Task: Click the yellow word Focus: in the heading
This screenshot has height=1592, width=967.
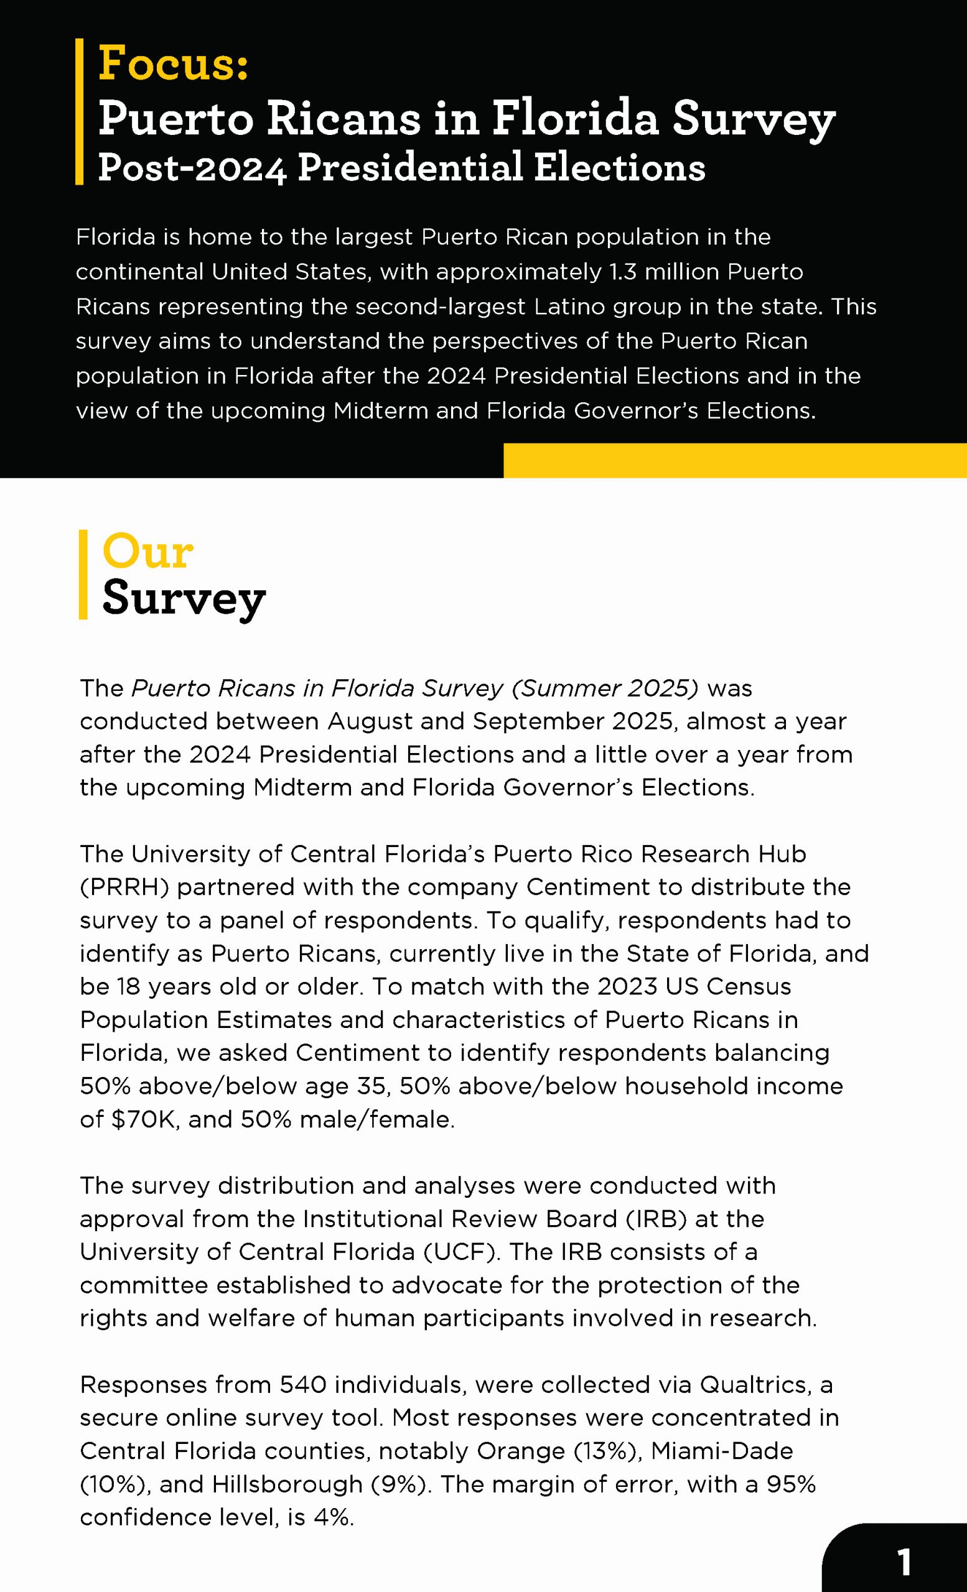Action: point(173,64)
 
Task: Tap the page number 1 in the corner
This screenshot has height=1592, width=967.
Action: point(904,1563)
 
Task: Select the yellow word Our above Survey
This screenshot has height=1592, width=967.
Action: point(147,552)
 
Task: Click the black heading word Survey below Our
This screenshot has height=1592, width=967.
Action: point(184,598)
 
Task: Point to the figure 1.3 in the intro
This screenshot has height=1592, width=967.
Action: point(622,272)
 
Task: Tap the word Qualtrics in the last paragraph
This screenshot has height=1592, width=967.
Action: point(753,1384)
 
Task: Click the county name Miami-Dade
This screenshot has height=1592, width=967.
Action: point(721,1451)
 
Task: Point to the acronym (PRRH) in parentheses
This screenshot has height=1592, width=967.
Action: point(124,887)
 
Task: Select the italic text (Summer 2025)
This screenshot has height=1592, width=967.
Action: point(605,688)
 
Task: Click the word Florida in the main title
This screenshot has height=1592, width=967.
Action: point(574,118)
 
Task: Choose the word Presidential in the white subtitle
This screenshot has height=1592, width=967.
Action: point(410,167)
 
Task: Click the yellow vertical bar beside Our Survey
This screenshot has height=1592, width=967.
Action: point(83,575)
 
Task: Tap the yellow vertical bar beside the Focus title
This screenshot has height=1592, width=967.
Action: point(80,112)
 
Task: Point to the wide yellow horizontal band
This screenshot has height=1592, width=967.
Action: point(735,460)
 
